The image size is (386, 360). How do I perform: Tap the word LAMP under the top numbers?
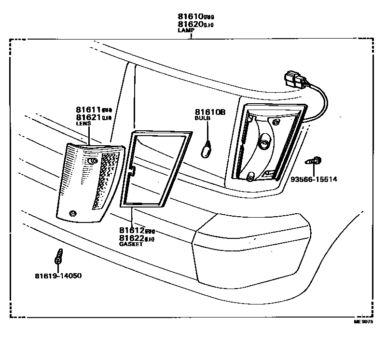coord(186,30)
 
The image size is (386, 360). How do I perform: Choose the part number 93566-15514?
coord(314,179)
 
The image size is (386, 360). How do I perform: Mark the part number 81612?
coord(132,231)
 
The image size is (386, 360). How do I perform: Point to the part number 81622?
coord(132,238)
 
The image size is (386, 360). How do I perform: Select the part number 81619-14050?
coord(58,276)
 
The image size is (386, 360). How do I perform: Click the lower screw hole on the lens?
coord(73,213)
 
